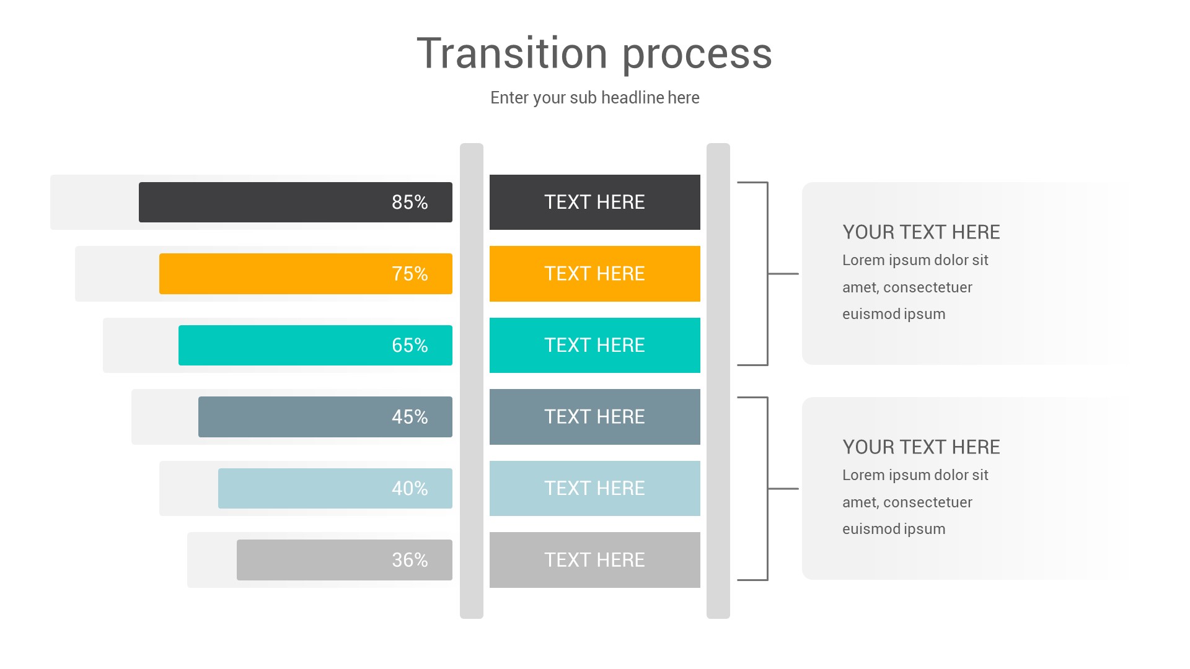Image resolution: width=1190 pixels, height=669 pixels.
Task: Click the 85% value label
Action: tap(410, 203)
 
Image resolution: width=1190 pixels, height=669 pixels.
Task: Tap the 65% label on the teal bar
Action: tap(410, 346)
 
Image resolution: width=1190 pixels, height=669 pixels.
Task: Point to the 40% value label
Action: tap(410, 489)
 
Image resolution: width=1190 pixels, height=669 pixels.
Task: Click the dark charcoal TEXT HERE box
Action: tap(594, 203)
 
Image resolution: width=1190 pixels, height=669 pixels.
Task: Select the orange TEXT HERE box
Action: tap(594, 274)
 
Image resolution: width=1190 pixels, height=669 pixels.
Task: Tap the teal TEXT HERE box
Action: tap(594, 346)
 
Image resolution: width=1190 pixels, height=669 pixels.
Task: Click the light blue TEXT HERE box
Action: tap(594, 489)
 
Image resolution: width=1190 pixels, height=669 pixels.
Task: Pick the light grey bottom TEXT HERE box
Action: tap(594, 560)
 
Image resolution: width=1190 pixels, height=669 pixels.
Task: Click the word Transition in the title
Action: tap(512, 53)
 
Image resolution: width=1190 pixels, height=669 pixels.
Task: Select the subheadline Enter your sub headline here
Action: tap(594, 98)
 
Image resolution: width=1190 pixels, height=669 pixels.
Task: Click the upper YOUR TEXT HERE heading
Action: tap(921, 232)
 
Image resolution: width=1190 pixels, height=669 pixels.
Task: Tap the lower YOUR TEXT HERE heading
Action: tap(921, 447)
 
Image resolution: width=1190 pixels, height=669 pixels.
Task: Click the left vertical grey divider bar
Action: tap(472, 380)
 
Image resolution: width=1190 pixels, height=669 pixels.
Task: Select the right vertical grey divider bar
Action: tap(718, 380)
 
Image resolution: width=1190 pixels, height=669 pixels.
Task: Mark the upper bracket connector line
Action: tap(768, 274)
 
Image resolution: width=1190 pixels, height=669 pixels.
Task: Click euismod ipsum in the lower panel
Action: tap(894, 529)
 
